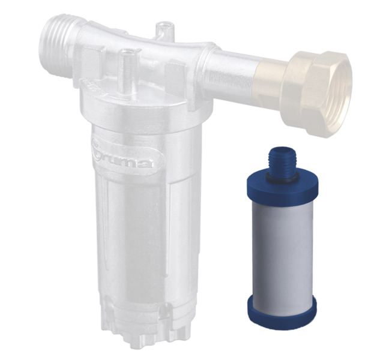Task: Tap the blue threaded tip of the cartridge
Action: tap(283, 157)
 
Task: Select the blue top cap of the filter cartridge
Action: tap(281, 182)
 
